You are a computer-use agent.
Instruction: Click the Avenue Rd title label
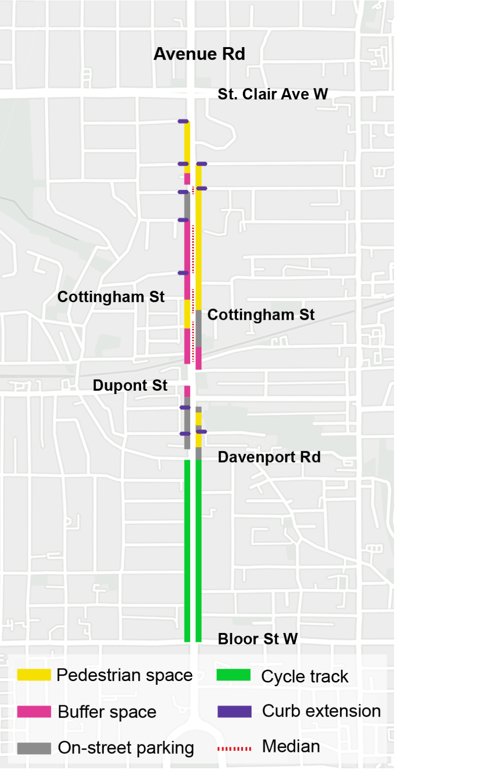tap(199, 54)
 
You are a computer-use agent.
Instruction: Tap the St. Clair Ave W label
tap(273, 94)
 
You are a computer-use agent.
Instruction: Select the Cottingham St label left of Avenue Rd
tap(111, 297)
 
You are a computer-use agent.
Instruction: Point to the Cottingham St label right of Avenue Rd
tap(261, 315)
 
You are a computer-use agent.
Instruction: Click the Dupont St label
tap(130, 385)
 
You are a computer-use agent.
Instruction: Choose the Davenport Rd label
tap(269, 457)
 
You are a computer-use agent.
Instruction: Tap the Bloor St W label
tap(257, 639)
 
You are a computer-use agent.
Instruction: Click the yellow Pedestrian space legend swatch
tap(34, 675)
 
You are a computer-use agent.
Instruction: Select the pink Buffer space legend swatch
tap(34, 711)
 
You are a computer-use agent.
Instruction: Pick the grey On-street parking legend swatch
tap(34, 748)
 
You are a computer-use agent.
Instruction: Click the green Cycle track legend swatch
tap(234, 675)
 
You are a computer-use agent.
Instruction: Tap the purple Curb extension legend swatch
tap(234, 711)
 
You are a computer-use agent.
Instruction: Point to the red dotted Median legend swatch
tap(234, 749)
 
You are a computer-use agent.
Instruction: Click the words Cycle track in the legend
tap(305, 676)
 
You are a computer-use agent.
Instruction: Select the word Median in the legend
tap(291, 746)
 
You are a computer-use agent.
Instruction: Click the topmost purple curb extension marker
tap(183, 121)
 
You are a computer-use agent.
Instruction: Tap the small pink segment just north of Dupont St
tap(187, 391)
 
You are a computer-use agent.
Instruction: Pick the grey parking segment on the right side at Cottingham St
tap(199, 328)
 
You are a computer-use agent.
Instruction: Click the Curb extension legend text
tap(321, 711)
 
